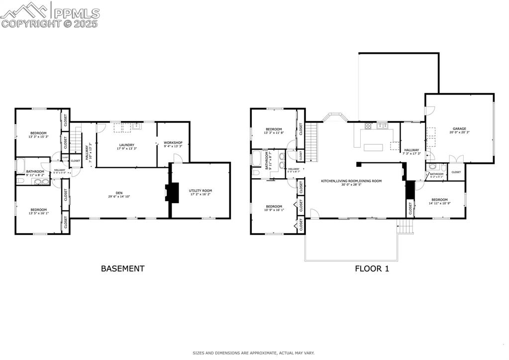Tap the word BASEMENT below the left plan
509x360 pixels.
(x=122, y=268)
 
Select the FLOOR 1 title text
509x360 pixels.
(x=371, y=268)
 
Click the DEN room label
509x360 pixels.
(x=119, y=193)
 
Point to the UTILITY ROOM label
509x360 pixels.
(x=200, y=191)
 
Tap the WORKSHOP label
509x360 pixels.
(x=173, y=143)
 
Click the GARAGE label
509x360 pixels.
(x=459, y=129)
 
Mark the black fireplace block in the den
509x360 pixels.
(x=172, y=192)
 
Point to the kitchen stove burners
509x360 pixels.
(x=369, y=125)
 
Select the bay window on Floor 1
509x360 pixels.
(x=334, y=118)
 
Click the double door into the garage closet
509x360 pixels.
(x=456, y=159)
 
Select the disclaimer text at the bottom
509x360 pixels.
(x=254, y=353)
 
